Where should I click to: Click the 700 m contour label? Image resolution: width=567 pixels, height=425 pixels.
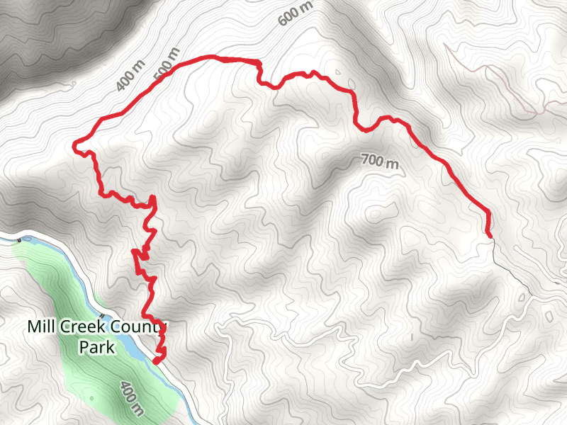coord(380,162)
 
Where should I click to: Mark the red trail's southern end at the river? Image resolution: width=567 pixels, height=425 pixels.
coord(155,363)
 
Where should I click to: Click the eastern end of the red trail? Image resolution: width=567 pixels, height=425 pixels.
coord(490,234)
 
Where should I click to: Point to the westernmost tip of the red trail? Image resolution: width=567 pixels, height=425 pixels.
coord(74,147)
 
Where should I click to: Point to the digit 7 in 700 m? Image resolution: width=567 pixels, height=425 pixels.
coord(365,159)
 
